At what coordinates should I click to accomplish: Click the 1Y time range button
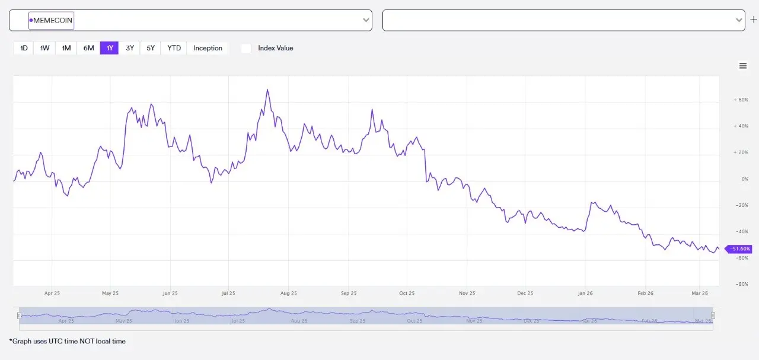click(110, 48)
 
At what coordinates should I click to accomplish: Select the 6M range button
click(88, 48)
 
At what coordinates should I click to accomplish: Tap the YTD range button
click(174, 48)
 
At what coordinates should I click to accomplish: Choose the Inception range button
click(208, 48)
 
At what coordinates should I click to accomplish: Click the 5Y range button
click(151, 48)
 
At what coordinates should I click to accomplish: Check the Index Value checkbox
click(246, 48)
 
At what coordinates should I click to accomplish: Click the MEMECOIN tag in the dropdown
click(52, 20)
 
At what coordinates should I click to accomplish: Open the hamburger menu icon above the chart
click(743, 66)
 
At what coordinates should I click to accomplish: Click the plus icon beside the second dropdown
click(754, 20)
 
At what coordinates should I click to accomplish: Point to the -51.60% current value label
click(739, 249)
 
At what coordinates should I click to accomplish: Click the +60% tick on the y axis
click(741, 100)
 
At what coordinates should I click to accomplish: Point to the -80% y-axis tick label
click(741, 284)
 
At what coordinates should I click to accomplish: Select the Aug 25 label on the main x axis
click(288, 293)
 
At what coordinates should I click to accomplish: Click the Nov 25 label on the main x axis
click(467, 293)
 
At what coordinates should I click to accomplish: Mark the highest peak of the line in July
click(267, 90)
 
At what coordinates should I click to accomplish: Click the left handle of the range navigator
click(20, 316)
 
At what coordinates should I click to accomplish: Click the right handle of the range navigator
click(713, 316)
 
